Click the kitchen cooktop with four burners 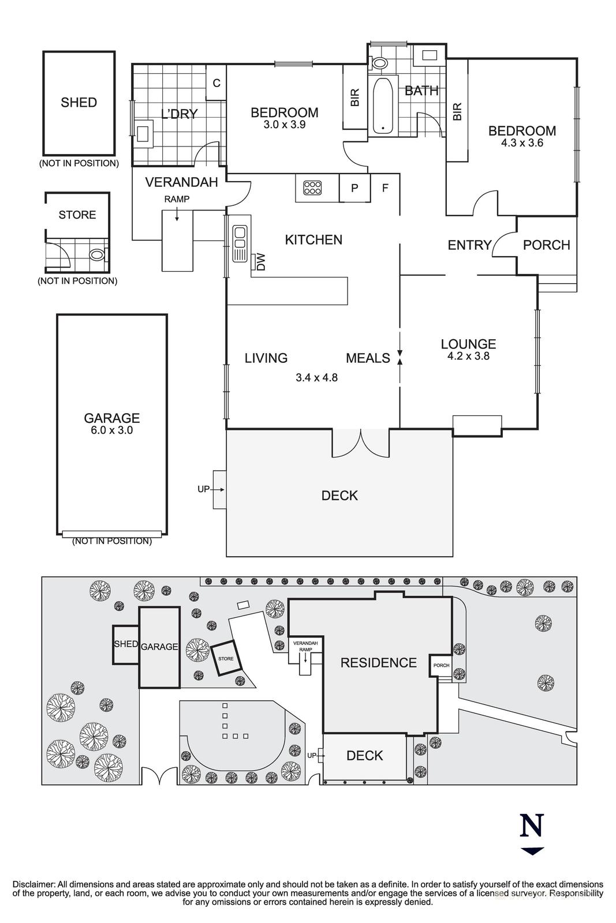coord(312,187)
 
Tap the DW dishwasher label coord(261,263)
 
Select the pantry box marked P coord(354,188)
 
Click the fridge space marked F coord(385,187)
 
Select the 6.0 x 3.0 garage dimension coord(112,430)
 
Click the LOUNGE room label coord(468,344)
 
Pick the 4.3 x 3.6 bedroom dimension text coord(522,143)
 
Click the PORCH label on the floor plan coord(546,245)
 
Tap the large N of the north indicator coord(532,826)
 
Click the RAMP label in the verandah coord(177,199)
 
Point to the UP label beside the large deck coord(203,489)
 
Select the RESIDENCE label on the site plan coord(378,663)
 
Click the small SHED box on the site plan coord(126,644)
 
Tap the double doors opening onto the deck coord(361,443)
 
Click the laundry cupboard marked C coord(216,83)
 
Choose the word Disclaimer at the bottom coord(33,884)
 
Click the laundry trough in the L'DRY coord(144,132)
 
